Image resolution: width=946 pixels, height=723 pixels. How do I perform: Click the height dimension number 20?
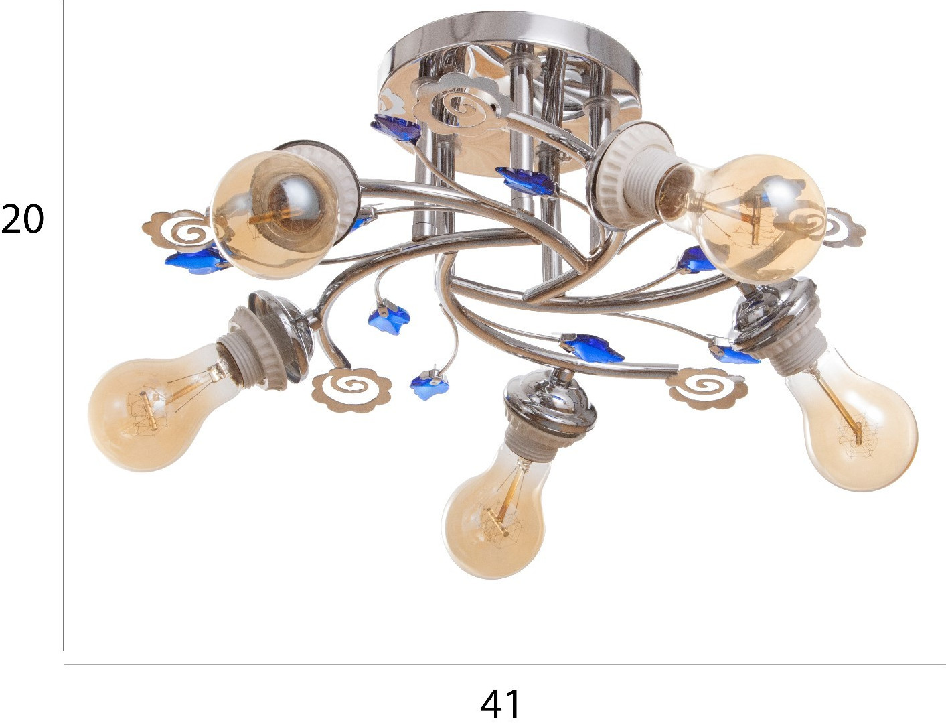(x=22, y=218)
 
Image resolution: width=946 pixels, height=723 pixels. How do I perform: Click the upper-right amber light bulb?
(x=752, y=218)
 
